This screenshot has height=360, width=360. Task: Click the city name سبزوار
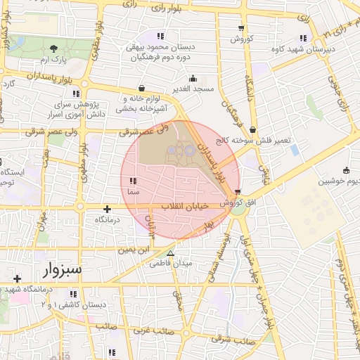pyautogui.click(x=61, y=269)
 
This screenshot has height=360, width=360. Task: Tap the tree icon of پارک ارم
pyautogui.click(x=54, y=49)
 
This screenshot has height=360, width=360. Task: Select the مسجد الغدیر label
pyautogui.click(x=195, y=89)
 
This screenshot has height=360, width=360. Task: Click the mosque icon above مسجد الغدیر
pyautogui.click(x=193, y=78)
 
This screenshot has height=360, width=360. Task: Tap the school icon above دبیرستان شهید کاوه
pyautogui.click(x=303, y=38)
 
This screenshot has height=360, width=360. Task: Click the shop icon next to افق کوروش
pyautogui.click(x=238, y=191)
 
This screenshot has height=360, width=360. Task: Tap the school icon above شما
pyautogui.click(x=133, y=181)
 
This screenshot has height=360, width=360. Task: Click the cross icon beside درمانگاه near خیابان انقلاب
pyautogui.click(x=107, y=209)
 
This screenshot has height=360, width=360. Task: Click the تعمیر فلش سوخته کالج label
pyautogui.click(x=257, y=139)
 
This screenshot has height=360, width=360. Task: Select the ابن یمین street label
pyautogui.click(x=134, y=249)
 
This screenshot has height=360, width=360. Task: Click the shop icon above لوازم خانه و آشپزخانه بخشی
pyautogui.click(x=143, y=88)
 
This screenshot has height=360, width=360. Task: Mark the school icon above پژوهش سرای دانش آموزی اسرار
pyautogui.click(x=76, y=93)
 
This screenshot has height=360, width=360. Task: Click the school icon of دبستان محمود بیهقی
pyautogui.click(x=160, y=36)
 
